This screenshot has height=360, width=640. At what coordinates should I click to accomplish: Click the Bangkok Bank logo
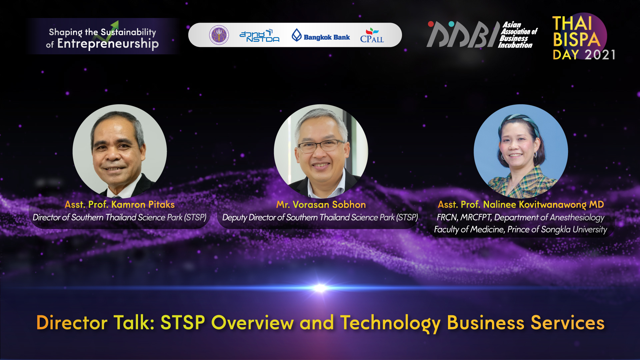(321, 35)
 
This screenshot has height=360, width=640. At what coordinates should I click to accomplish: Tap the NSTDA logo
(260, 36)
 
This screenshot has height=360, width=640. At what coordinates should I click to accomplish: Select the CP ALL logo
(372, 35)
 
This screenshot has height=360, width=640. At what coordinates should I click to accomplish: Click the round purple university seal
(219, 35)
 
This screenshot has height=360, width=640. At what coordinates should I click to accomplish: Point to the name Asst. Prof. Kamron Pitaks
(120, 204)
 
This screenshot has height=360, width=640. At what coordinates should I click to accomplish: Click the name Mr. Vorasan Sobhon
(321, 204)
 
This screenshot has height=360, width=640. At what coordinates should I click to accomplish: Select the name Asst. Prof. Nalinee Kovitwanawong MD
(521, 205)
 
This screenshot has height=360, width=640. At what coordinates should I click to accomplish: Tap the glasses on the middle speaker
(321, 146)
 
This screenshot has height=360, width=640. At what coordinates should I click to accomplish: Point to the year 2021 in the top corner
(600, 55)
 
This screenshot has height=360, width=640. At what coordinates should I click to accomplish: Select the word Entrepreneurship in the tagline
(108, 44)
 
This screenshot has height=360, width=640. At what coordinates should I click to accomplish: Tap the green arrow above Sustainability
(111, 28)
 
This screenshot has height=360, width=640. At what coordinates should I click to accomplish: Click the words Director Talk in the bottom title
(95, 323)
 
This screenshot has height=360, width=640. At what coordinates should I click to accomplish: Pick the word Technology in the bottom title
(390, 323)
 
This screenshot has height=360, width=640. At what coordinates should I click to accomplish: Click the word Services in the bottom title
(567, 323)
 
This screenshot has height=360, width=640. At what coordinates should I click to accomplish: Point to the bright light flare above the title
(320, 288)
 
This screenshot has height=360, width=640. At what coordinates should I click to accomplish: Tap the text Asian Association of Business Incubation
(518, 35)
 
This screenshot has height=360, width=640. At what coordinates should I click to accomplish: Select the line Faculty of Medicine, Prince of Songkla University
(520, 230)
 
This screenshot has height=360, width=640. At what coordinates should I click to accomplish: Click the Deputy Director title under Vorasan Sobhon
(320, 217)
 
